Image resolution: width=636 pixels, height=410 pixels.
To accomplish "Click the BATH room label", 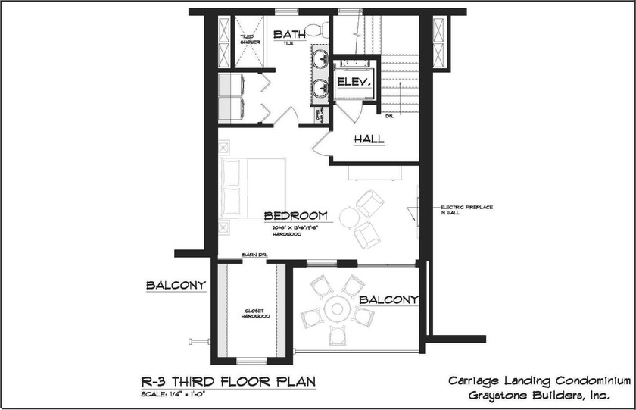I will tap(288, 34).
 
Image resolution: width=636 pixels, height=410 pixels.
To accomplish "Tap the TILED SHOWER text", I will tap(250, 40).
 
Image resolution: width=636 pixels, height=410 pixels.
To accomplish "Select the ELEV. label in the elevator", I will tap(353, 82).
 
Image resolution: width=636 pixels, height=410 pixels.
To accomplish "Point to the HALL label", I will tap(369, 139).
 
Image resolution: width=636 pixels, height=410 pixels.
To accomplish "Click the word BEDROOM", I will tap(296, 215).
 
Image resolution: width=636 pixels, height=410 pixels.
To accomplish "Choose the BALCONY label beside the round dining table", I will tap(388, 299).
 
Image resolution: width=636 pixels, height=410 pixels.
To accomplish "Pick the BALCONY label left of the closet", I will tap(176, 285).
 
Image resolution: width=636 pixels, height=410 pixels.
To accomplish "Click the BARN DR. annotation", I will tap(253, 255).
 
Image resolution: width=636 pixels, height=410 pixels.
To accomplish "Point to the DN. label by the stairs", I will tap(389, 117).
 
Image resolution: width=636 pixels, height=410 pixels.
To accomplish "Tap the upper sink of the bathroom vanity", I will tap(321, 60).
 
